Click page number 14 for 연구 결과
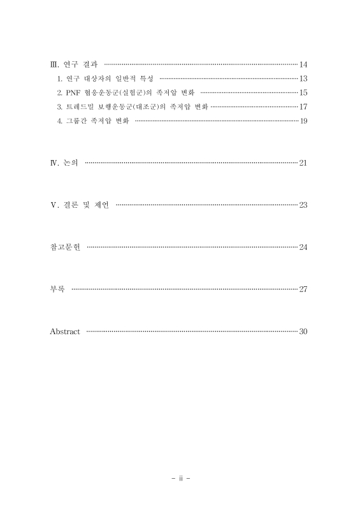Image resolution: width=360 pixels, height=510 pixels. coord(303,65)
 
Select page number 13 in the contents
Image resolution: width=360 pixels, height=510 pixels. coord(303,78)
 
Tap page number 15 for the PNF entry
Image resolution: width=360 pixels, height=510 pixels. coord(303,92)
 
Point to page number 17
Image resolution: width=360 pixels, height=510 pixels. coord(303,106)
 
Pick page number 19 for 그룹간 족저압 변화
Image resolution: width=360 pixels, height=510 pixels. coord(303,120)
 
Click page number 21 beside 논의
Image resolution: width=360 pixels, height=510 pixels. coord(303,163)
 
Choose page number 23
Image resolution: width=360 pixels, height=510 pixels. coord(303,205)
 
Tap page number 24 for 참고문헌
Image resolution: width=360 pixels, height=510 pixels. coord(303,247)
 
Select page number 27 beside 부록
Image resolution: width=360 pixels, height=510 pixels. coord(303,289)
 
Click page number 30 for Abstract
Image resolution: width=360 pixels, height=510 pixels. coord(303,331)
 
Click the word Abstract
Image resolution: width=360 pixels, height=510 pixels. coord(65,331)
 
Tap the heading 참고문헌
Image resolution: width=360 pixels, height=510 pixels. coord(65,247)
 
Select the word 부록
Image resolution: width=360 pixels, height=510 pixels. coord(58,289)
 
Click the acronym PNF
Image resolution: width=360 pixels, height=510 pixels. coord(73,92)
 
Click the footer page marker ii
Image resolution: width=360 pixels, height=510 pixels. coord(180,477)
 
